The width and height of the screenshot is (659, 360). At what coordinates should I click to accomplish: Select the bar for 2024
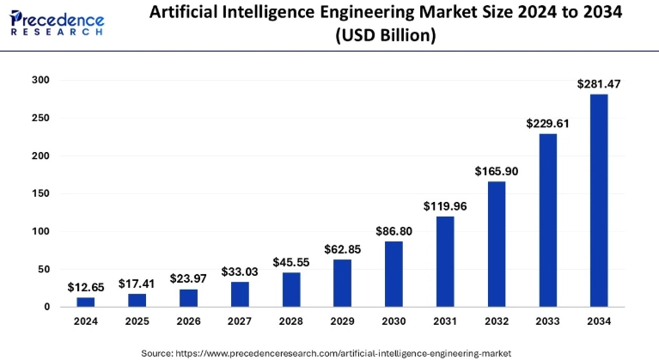pos(86,302)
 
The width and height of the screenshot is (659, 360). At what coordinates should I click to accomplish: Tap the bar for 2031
pos(445,261)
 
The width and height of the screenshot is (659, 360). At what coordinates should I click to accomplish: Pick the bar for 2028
pos(291,290)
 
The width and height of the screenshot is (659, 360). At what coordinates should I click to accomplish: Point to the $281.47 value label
pos(599,83)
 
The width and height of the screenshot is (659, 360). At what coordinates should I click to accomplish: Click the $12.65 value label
pos(86,287)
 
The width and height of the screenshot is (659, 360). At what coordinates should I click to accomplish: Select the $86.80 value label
pos(394,231)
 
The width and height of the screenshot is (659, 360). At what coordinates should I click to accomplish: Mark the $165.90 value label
pos(496,171)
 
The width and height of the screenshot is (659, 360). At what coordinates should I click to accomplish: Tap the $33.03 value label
pos(240,272)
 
